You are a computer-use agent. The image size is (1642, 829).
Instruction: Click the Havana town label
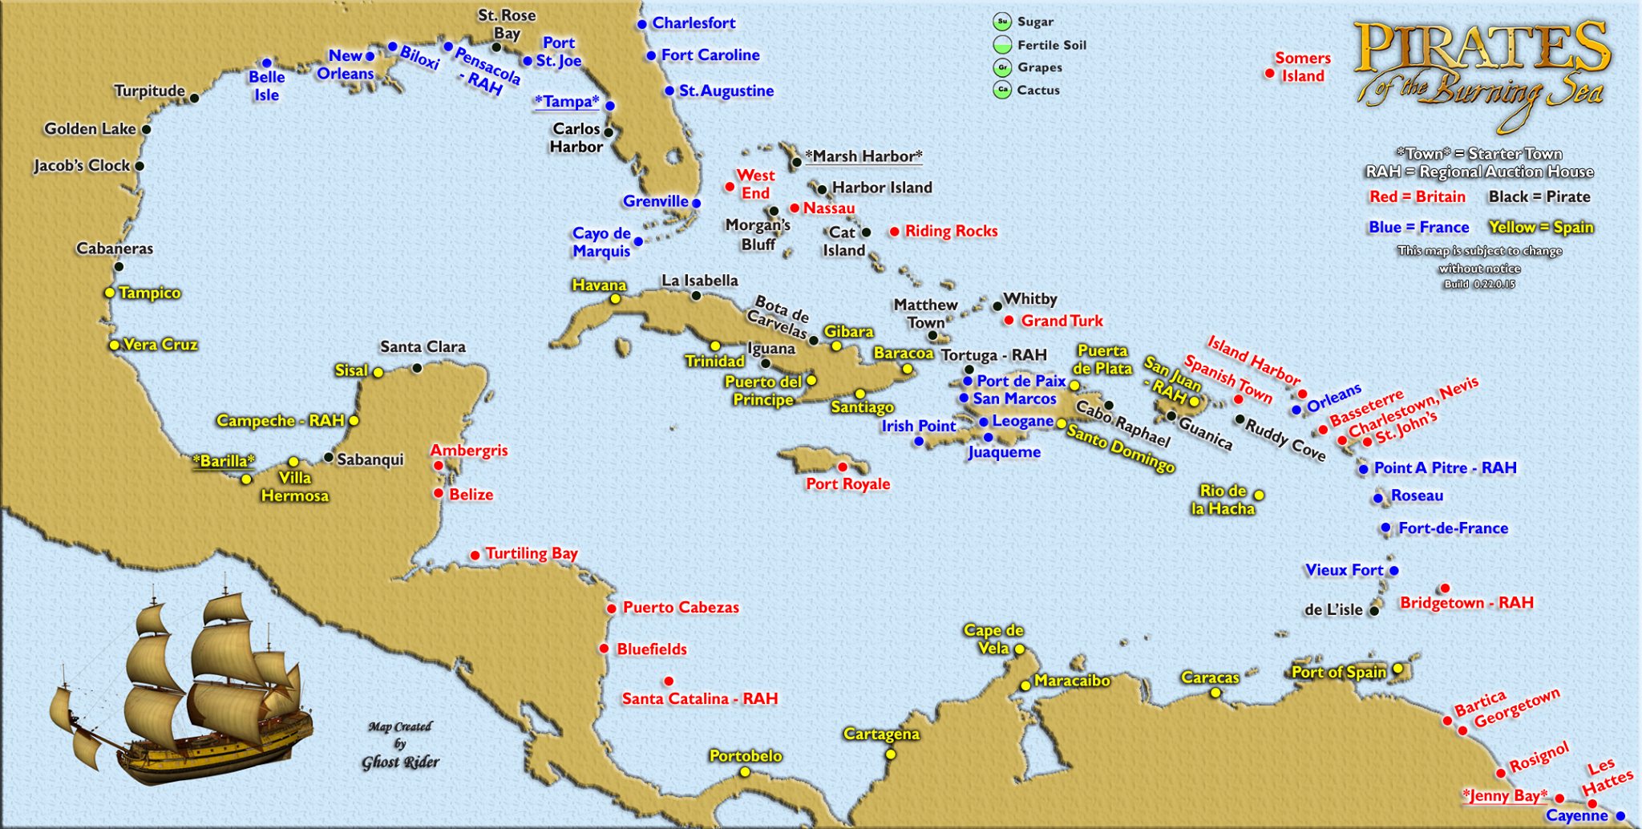pos(599,285)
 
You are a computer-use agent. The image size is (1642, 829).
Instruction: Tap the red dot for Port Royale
pos(843,467)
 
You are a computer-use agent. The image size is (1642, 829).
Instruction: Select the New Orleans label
pos(345,65)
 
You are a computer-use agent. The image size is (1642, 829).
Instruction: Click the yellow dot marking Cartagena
pos(891,754)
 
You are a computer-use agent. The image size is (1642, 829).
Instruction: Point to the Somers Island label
pos(1303,67)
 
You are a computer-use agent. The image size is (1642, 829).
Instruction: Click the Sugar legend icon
pos(1002,22)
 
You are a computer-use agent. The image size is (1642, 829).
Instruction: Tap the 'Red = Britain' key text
pos(1417,197)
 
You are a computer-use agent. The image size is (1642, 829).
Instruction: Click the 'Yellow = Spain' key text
pos(1541,228)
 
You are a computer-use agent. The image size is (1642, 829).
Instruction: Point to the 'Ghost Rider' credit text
pos(400,762)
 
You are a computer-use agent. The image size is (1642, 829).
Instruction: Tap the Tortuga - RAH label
pos(994,355)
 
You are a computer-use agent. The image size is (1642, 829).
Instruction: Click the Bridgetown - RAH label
pos(1466,603)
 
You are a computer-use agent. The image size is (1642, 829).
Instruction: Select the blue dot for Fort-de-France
pos(1385,528)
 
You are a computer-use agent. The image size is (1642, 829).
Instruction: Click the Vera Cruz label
pos(160,345)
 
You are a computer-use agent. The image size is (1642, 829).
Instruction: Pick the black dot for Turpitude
pos(194,99)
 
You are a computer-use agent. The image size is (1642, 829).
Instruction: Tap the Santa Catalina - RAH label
pos(700,699)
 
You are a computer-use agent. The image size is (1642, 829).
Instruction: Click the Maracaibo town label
pos(1072,681)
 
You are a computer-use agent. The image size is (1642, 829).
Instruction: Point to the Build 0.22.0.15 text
pos(1479,284)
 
